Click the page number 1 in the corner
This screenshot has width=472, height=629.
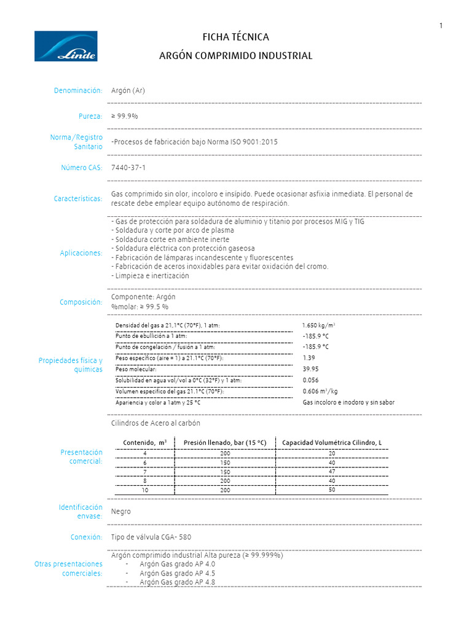tap(441, 25)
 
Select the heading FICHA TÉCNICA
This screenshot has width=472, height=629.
tap(236, 37)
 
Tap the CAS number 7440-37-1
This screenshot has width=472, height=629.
tap(128, 167)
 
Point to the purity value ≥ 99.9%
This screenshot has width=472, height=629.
tap(125, 116)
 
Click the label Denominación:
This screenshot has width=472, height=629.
tap(78, 90)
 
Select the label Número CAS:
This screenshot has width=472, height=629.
tap(81, 167)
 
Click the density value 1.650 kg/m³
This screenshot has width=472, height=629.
tap(318, 325)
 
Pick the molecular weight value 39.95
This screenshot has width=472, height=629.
tap(311, 369)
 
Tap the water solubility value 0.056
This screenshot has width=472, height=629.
tap(311, 380)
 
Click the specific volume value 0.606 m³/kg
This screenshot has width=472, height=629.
tap(320, 391)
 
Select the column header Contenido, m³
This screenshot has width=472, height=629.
tap(144, 442)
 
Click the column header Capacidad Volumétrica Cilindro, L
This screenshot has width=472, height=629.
tap(331, 442)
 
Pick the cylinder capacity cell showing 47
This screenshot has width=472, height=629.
tap(332, 471)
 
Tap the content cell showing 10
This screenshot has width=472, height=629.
tap(145, 490)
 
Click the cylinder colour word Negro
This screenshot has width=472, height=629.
tap(121, 511)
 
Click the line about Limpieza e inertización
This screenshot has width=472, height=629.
tap(150, 276)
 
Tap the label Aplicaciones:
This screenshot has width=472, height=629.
tap(81, 253)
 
